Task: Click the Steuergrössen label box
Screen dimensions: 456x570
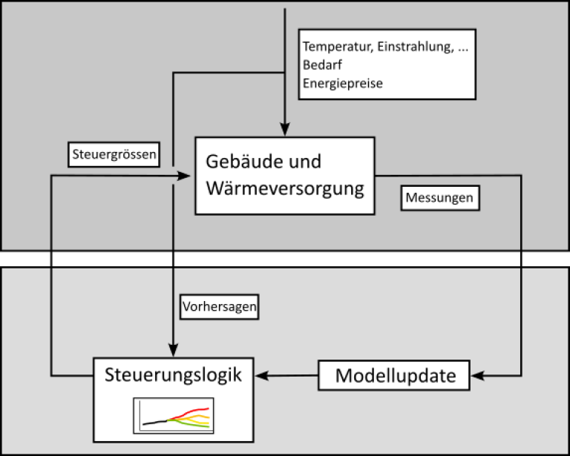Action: point(114,154)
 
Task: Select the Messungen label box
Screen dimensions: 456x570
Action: point(439,199)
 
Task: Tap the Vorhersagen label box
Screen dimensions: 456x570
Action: point(219,307)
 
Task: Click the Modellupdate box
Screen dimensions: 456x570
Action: point(396,375)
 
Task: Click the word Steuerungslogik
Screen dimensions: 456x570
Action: point(172,374)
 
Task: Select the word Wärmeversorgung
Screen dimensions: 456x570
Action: point(285,188)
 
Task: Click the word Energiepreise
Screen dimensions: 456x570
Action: point(342,83)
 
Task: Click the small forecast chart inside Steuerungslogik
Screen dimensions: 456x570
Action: point(172,415)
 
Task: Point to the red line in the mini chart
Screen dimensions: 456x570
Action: point(194,411)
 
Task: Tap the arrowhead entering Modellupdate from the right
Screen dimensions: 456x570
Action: point(480,375)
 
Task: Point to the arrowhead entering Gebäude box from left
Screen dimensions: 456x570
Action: point(186,175)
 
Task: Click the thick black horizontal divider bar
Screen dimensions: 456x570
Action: point(285,258)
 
